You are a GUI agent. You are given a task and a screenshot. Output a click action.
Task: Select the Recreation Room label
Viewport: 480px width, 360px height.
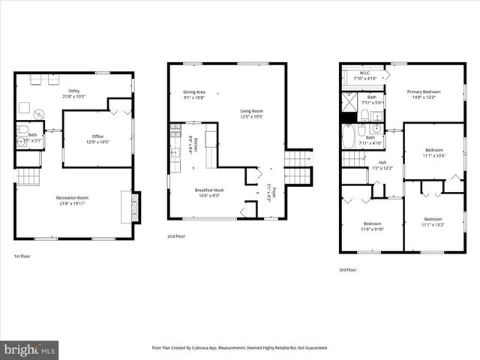point(73,200)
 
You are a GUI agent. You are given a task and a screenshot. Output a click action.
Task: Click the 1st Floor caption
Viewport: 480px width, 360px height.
point(23,256)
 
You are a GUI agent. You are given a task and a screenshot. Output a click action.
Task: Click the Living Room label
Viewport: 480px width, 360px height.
point(251,113)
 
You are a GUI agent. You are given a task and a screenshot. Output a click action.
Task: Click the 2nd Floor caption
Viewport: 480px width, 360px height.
point(177,236)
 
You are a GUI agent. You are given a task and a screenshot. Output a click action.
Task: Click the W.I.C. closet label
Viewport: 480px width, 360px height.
point(363,74)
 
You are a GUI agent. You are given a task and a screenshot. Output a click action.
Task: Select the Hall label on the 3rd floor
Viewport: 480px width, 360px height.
point(382,165)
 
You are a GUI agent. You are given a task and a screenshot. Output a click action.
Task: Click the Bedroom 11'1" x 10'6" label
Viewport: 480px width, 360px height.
point(433,153)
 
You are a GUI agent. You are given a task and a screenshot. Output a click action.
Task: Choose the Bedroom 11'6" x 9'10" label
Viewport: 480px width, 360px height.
point(373,226)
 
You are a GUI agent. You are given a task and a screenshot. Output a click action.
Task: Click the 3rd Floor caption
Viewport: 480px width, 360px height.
point(347,269)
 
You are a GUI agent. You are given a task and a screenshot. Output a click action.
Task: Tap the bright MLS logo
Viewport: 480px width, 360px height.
point(30,349)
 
